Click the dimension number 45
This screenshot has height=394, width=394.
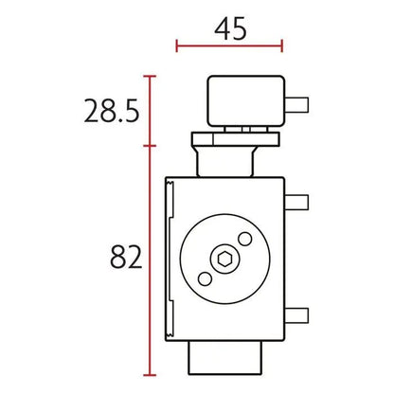[230, 28]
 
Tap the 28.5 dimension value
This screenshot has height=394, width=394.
[112, 111]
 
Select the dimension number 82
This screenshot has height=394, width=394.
[126, 257]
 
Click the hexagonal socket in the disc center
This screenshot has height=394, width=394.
[224, 259]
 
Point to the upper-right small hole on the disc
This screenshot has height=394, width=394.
[245, 239]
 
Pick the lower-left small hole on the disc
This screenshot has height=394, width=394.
[205, 279]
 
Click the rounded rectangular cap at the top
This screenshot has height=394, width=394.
[246, 101]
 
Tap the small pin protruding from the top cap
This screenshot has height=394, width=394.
[296, 105]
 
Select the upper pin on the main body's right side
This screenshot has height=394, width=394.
[296, 203]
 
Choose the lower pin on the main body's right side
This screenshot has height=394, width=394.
[296, 315]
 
